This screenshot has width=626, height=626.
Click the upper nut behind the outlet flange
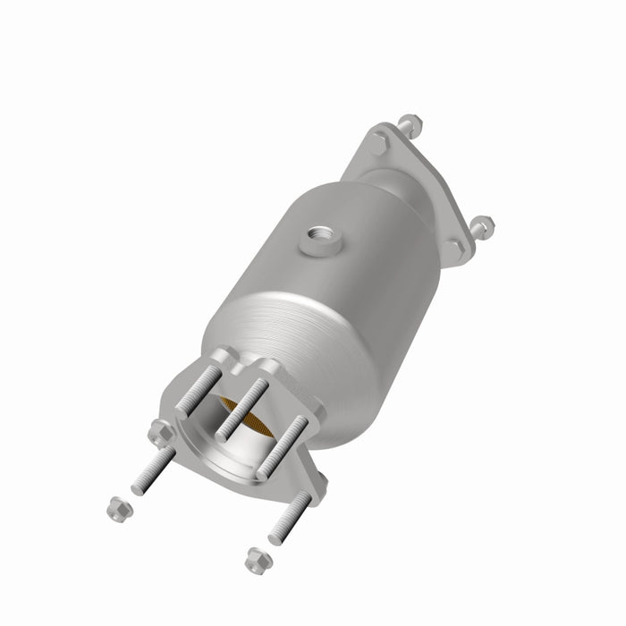[408, 123]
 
